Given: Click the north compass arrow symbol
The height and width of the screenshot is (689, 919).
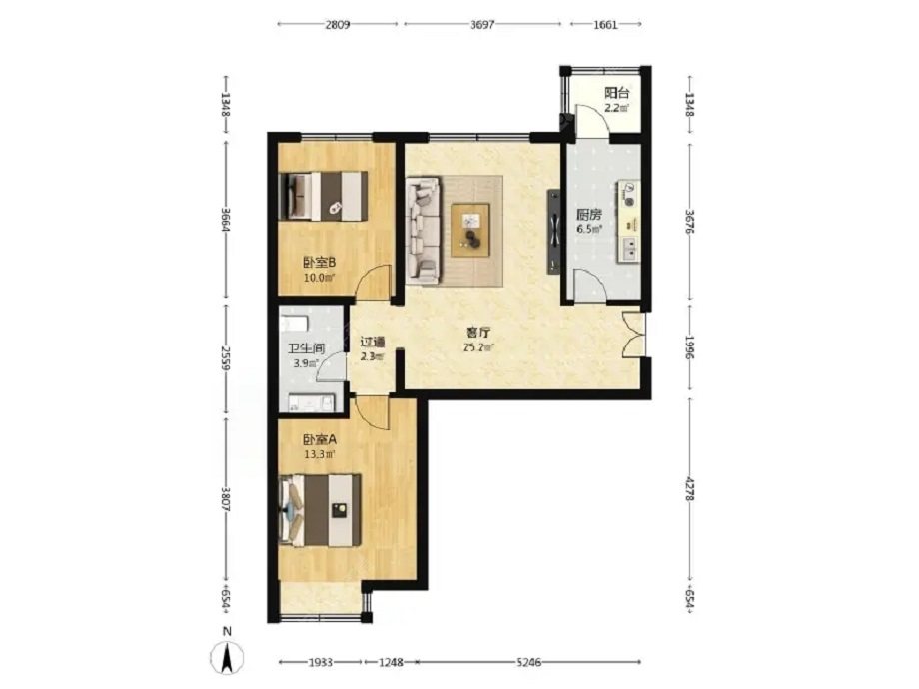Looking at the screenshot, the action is pyautogui.click(x=228, y=657).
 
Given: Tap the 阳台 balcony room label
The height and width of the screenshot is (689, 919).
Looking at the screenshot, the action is pyautogui.click(x=616, y=93).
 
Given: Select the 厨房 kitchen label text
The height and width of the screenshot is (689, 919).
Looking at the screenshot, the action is pyautogui.click(x=589, y=215).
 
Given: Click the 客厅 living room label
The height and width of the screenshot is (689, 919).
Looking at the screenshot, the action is pyautogui.click(x=478, y=333).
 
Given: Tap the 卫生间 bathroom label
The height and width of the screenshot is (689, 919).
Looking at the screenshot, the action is pyautogui.click(x=306, y=348).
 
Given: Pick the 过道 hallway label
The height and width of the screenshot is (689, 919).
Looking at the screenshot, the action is pyautogui.click(x=372, y=342).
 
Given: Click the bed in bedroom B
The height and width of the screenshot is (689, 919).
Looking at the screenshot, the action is pyautogui.click(x=324, y=196).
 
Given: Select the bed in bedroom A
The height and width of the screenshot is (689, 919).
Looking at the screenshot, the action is pyautogui.click(x=320, y=510).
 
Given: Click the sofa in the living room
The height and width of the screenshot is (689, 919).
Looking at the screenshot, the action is pyautogui.click(x=423, y=231).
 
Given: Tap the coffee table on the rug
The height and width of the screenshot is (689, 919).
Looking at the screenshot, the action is pyautogui.click(x=470, y=230).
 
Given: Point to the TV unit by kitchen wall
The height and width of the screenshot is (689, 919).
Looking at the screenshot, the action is pyautogui.click(x=553, y=232).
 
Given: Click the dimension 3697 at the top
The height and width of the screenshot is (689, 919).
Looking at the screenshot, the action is pyautogui.click(x=482, y=25).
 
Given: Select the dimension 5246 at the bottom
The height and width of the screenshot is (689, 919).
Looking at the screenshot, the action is pyautogui.click(x=528, y=663).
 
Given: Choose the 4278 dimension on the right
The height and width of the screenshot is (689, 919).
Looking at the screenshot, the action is pyautogui.click(x=690, y=487).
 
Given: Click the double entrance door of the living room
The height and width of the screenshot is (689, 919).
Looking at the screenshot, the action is pyautogui.click(x=634, y=334).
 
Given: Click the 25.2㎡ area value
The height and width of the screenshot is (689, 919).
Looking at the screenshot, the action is pyautogui.click(x=478, y=347).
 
